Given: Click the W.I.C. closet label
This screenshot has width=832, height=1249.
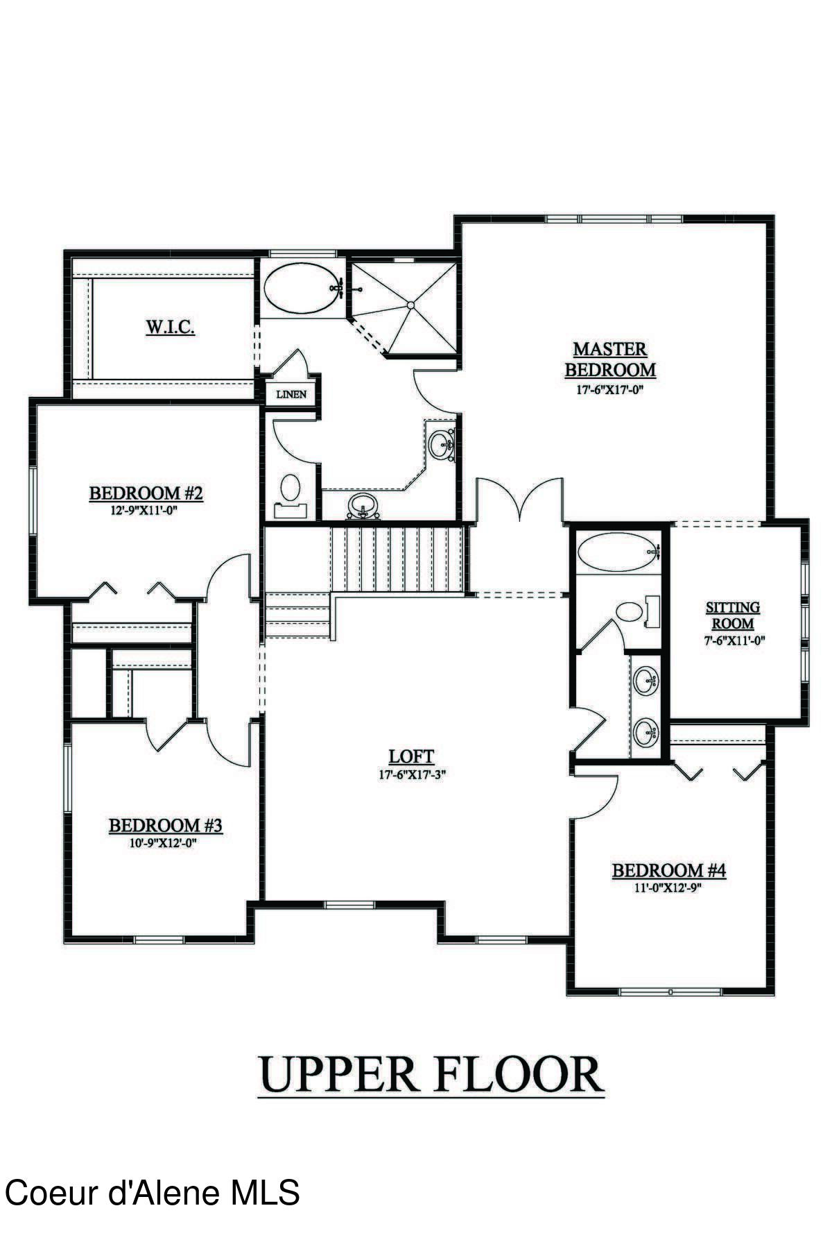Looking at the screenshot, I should coord(170,327).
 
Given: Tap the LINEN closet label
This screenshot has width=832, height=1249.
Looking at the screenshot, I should coord(291,395).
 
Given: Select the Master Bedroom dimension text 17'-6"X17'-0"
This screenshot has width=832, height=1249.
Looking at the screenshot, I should coord(610,390).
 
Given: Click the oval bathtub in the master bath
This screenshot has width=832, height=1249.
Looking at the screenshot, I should coord(303,290).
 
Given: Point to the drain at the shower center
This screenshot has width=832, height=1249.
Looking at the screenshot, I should coord(410,305).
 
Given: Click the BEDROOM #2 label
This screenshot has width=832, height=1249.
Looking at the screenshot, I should coord(146,493).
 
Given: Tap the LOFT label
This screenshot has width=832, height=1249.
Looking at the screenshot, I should coord(411,757).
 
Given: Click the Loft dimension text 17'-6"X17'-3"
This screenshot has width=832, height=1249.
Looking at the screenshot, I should coord(411,775).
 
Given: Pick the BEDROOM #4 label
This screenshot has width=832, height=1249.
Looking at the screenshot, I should coord(668,870).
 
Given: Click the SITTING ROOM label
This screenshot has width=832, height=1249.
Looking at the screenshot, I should coord(733,615).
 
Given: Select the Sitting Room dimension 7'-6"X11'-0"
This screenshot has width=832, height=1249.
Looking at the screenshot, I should coord(734,641).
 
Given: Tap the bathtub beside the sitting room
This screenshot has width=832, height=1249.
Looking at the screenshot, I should coord(616,552).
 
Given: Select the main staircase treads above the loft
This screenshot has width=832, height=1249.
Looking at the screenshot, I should coord(395,559).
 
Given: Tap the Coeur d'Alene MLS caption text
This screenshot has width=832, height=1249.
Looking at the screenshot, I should coord(152,1193).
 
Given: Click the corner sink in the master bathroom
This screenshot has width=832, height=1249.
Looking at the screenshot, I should coord(442,444).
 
